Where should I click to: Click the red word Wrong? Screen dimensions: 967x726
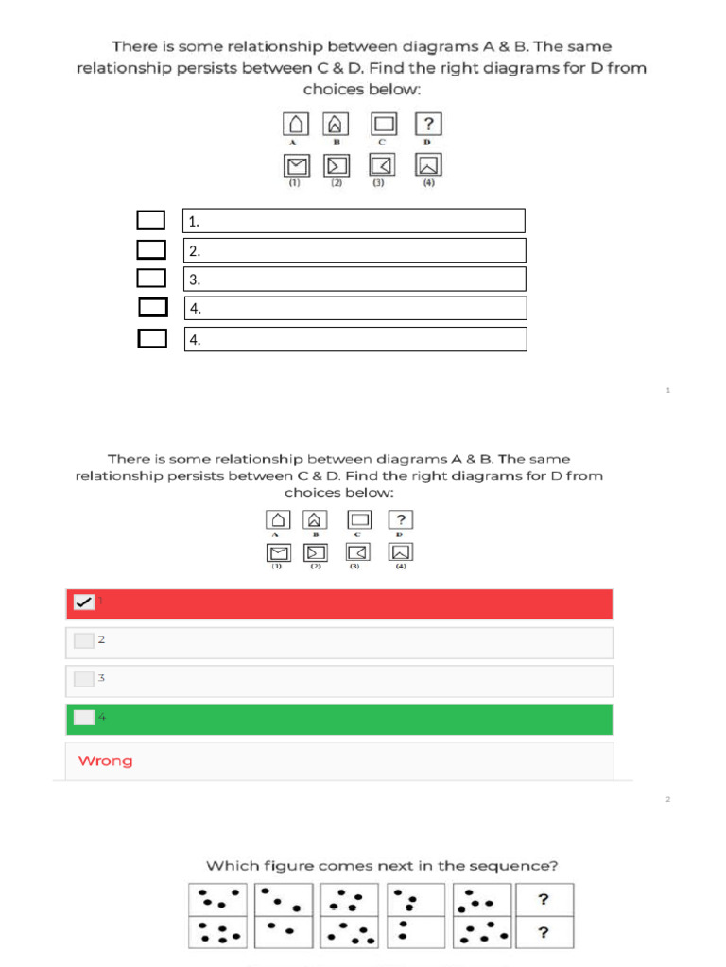pyautogui.click(x=105, y=761)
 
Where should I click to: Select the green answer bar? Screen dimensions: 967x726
pyautogui.click(x=339, y=719)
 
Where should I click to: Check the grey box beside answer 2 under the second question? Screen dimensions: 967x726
pyautogui.click(x=84, y=640)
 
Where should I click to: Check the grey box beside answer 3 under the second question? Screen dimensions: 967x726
pyautogui.click(x=84, y=678)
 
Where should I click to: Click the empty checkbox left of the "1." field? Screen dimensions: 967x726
pyautogui.click(x=150, y=221)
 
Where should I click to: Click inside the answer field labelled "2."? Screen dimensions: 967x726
pyautogui.click(x=354, y=250)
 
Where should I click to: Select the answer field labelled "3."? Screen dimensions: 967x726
pyautogui.click(x=354, y=279)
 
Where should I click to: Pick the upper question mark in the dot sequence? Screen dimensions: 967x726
pyautogui.click(x=544, y=900)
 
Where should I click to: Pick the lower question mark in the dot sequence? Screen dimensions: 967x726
pyautogui.click(x=544, y=933)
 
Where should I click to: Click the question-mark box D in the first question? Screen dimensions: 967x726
pyautogui.click(x=428, y=125)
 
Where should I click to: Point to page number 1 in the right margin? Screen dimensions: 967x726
pyautogui.click(x=667, y=390)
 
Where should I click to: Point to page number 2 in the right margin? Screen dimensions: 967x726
pyautogui.click(x=667, y=800)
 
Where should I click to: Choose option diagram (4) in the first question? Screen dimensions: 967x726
pyautogui.click(x=428, y=165)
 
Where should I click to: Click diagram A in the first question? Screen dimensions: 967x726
pyautogui.click(x=296, y=125)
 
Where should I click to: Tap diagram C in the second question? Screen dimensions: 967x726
pyautogui.click(x=360, y=520)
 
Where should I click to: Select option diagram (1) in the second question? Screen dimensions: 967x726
pyautogui.click(x=278, y=551)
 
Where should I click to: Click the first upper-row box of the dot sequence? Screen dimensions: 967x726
pyautogui.click(x=218, y=900)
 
